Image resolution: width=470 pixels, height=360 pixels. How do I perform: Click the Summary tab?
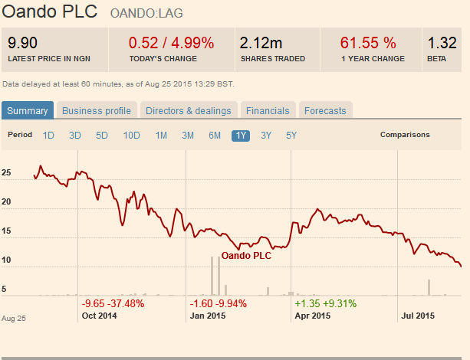(28, 110)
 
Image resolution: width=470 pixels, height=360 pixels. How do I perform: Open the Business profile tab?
(97, 110)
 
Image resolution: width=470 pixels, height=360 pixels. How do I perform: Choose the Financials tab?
(268, 110)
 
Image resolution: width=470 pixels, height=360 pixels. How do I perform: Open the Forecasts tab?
(325, 110)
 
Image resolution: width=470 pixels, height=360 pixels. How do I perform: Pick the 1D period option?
(48, 136)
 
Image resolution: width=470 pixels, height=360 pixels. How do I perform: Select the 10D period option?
(132, 136)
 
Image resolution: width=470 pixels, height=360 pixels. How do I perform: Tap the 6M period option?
(215, 136)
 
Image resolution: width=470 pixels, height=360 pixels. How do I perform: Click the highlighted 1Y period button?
(241, 136)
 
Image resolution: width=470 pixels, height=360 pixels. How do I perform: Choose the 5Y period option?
(291, 136)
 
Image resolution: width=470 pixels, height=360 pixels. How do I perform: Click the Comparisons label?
(405, 135)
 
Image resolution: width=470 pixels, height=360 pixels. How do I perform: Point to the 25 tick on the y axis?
(6, 173)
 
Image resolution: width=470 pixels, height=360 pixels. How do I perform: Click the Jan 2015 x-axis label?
(207, 315)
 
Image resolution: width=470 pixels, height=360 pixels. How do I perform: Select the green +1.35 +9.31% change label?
(326, 303)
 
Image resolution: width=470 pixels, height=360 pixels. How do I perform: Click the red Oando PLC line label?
(246, 256)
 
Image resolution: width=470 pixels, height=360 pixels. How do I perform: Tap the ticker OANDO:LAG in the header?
(146, 14)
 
